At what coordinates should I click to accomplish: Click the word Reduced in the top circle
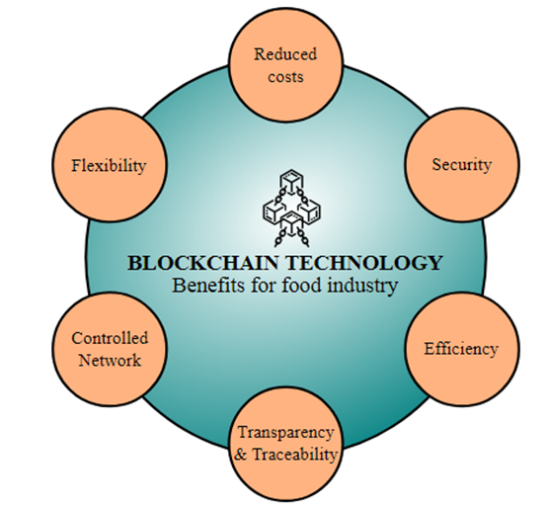(285, 54)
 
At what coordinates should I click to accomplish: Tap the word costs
(285, 77)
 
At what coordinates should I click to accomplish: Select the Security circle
(462, 165)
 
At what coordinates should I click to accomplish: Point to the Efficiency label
(461, 349)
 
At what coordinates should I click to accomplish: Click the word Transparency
(285, 432)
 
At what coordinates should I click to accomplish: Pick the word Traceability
(294, 455)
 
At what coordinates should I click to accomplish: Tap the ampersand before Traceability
(241, 455)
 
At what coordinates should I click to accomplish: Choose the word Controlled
(110, 338)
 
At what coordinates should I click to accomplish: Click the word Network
(110, 360)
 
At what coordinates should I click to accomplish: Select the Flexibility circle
(110, 165)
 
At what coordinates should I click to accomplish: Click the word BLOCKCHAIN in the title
(203, 263)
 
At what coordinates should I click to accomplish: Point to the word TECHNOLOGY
(364, 263)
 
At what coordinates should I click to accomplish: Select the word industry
(362, 286)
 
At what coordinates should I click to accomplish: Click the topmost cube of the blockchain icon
(291, 180)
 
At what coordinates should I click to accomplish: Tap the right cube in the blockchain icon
(310, 211)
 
